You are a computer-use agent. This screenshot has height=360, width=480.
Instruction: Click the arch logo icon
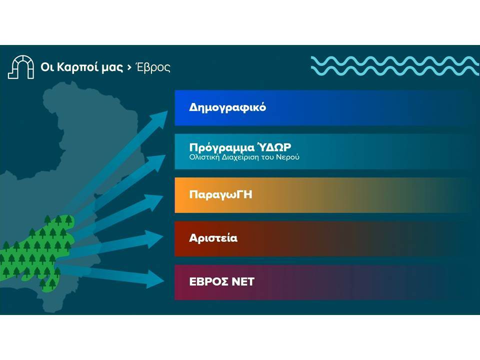(x=21, y=67)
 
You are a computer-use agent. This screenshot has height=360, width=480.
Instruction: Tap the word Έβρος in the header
(x=153, y=67)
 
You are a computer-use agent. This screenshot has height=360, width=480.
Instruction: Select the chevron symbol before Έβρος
(x=129, y=67)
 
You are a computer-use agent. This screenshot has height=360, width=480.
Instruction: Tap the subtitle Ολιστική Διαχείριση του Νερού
(x=244, y=157)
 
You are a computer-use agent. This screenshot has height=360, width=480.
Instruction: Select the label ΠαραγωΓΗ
(x=220, y=194)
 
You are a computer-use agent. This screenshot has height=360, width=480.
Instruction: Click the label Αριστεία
(x=213, y=238)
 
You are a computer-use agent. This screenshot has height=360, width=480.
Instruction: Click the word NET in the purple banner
(x=243, y=281)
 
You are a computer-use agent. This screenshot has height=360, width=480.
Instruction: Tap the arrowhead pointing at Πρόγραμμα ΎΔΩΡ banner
(x=156, y=161)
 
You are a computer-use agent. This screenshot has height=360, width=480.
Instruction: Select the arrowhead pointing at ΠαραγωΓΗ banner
(x=154, y=201)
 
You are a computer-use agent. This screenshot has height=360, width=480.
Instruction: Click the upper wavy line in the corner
(x=395, y=60)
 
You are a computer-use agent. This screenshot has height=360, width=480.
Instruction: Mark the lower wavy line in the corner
(x=395, y=71)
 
